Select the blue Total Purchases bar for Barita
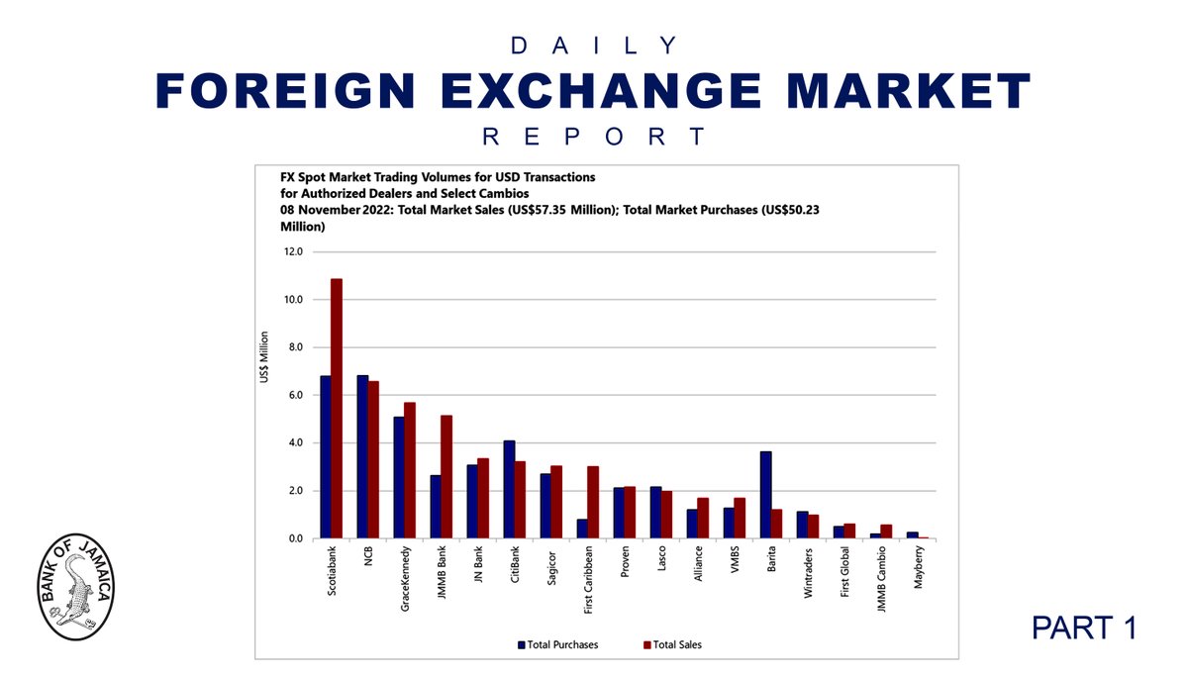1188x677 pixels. click(765, 495)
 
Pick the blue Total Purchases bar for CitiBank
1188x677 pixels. click(509, 490)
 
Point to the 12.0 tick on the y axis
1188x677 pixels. click(295, 251)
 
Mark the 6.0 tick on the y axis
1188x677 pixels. click(295, 395)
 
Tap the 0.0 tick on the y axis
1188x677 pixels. click(295, 539)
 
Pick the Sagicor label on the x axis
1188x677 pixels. click(551, 567)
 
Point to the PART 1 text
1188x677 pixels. click(1081, 627)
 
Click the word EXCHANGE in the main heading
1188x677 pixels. click(593, 93)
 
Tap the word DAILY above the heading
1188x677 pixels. click(593, 46)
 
